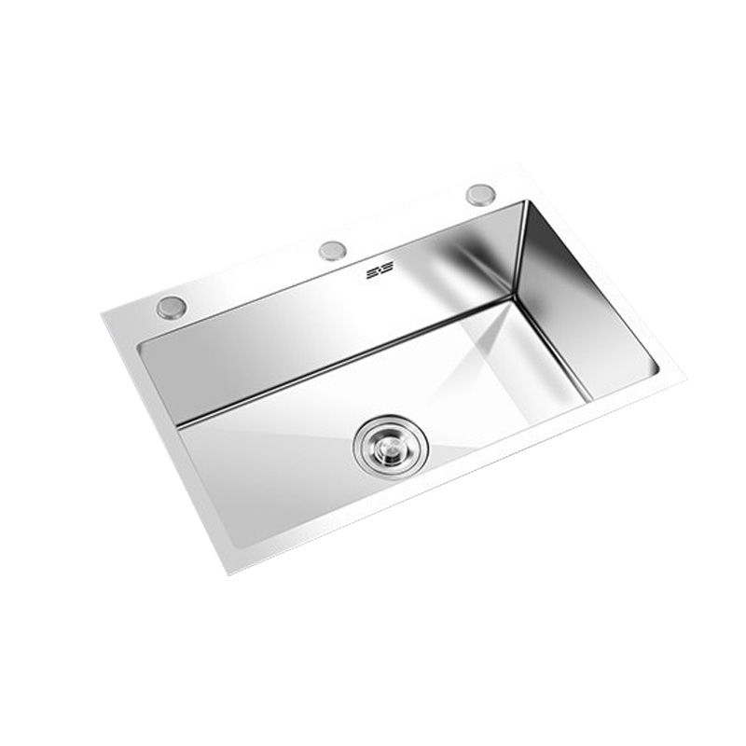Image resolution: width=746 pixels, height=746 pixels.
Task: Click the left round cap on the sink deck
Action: (171, 307)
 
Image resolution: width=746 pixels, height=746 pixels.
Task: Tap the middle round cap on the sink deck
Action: (332, 250)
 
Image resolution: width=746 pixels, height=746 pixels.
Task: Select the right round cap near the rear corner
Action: (480, 194)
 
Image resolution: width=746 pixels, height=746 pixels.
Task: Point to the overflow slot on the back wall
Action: (380, 269)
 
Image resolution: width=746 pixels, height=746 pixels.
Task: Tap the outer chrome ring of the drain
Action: (363, 461)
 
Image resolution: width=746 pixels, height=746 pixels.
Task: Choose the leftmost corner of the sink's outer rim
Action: (103, 317)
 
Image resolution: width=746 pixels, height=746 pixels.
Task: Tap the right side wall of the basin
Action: (578, 298)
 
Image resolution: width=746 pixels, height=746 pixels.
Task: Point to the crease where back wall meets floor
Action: (345, 363)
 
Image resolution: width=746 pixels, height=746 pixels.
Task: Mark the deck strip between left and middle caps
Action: (252, 278)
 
